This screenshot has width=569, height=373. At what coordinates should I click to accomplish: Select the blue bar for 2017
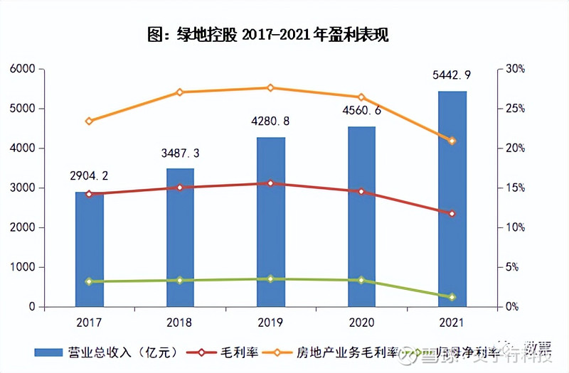(x=90, y=249)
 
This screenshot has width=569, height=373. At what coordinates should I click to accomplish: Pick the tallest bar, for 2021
(x=452, y=199)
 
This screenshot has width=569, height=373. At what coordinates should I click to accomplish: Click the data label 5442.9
(x=452, y=75)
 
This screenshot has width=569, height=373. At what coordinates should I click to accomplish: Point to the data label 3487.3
(x=180, y=153)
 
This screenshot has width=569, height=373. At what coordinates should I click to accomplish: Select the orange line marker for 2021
(x=452, y=141)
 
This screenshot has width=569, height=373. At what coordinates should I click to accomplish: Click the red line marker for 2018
(x=180, y=188)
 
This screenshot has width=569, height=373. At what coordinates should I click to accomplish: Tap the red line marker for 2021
(x=452, y=214)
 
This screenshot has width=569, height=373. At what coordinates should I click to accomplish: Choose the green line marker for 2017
(x=89, y=281)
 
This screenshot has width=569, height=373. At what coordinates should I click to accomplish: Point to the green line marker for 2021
(x=452, y=297)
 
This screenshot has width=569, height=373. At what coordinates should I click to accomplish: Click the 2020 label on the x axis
(x=361, y=323)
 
